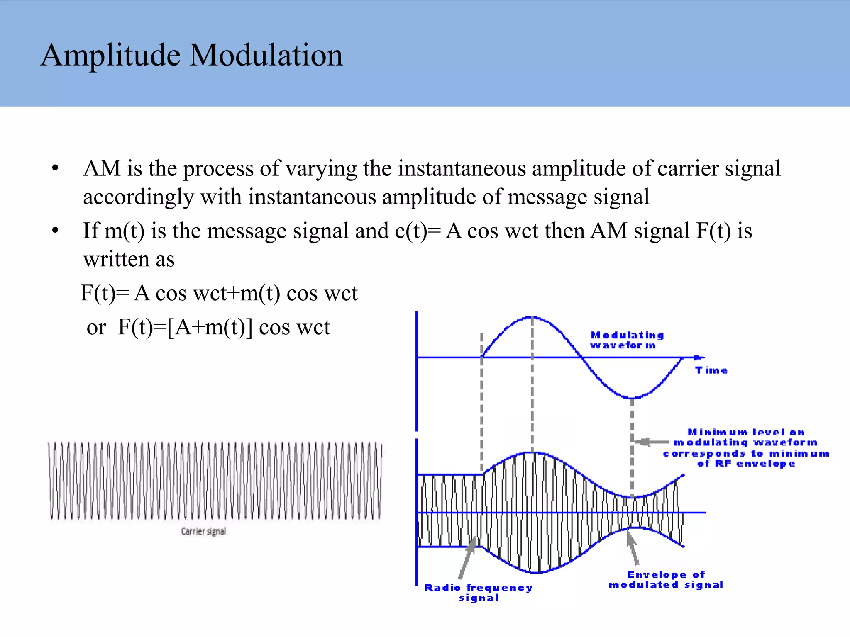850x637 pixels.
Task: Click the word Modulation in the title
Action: (266, 55)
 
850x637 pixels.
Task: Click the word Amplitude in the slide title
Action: (110, 55)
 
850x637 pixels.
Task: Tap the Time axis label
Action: (711, 370)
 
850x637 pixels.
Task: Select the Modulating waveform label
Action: (627, 340)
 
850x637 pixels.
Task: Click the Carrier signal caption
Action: (203, 531)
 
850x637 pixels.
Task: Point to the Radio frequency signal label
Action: (478, 592)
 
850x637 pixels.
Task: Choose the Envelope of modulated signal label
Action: (666, 579)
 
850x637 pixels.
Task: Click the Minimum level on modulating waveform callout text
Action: (746, 448)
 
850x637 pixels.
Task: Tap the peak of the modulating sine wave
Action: (532, 317)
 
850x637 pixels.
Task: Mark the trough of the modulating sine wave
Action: (632, 398)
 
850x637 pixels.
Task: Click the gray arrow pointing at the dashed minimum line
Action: (652, 442)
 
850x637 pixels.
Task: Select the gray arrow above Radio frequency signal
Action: (467, 558)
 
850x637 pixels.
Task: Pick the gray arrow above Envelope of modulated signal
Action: (633, 547)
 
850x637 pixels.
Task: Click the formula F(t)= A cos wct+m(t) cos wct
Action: (219, 293)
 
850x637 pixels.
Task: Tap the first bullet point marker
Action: (55, 168)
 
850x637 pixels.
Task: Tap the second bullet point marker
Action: (55, 231)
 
